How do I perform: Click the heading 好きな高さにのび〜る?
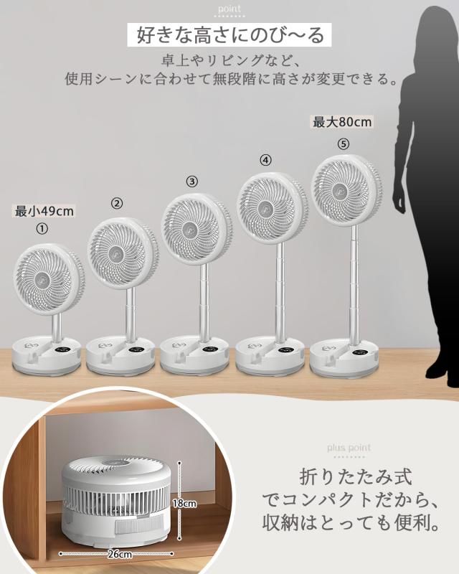click(229, 34)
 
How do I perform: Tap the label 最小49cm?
click(44, 211)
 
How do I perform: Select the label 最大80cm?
click(342, 123)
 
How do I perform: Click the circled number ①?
click(42, 229)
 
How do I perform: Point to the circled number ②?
click(117, 204)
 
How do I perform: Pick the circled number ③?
click(191, 182)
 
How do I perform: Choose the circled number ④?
click(266, 161)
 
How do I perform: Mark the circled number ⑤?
click(344, 143)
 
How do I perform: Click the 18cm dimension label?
click(185, 504)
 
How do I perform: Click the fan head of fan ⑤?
click(346, 190)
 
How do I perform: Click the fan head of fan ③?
click(195, 230)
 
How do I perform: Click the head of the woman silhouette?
click(439, 29)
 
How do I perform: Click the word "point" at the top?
click(230, 9)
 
